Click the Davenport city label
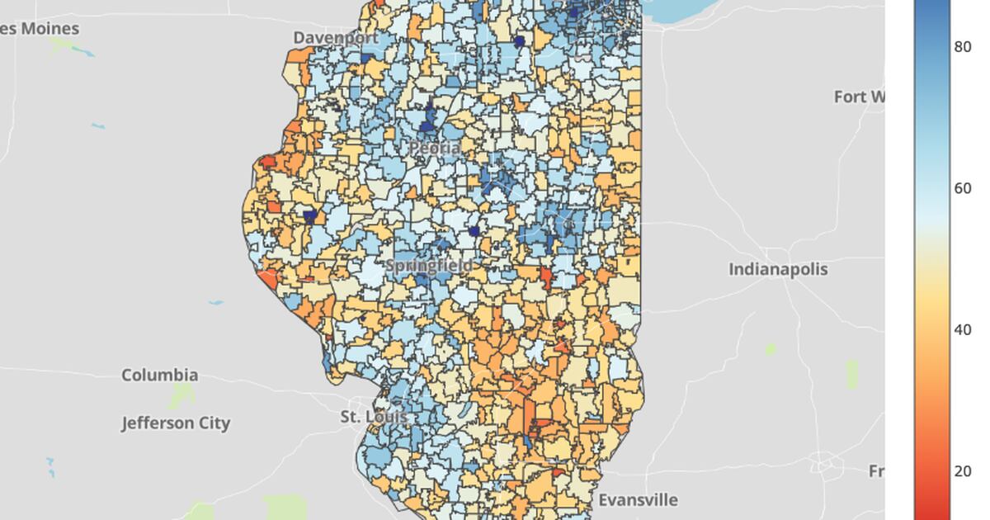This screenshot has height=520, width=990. point(336,38)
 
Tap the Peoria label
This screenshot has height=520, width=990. point(435,148)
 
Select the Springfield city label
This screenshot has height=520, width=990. point(430,266)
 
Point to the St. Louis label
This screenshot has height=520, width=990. point(374,417)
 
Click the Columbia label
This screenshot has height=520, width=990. point(159,376)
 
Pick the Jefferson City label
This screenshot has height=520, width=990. point(176,423)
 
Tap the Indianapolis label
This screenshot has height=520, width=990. point(777,270)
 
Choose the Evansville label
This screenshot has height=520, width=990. point(638,500)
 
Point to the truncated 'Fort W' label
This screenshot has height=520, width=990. point(859,97)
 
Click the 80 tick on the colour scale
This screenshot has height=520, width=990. point(962,47)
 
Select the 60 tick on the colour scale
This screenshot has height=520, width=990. point(962,188)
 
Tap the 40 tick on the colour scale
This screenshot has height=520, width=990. point(962,330)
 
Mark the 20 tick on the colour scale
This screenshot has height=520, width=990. point(962,471)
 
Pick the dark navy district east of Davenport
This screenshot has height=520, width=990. point(519,41)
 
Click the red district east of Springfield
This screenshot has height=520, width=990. point(545,277)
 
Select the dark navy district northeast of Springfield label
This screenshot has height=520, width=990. point(474,232)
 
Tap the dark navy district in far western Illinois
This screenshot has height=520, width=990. point(310,216)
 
